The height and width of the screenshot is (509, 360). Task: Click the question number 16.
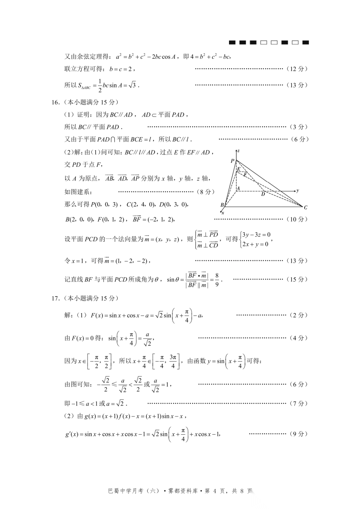[x=55, y=102]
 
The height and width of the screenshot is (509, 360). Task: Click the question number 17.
[x=55, y=298]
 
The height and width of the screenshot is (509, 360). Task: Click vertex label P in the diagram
[x=232, y=161]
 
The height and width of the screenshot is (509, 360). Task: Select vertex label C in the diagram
[x=305, y=208]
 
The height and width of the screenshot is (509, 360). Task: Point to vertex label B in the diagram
[x=222, y=205]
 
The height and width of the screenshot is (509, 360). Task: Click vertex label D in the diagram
[x=263, y=194]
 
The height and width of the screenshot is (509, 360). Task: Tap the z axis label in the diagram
[x=238, y=151]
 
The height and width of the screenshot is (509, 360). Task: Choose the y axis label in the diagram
[x=297, y=191]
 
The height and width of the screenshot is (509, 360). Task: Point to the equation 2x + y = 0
[x=255, y=244]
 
